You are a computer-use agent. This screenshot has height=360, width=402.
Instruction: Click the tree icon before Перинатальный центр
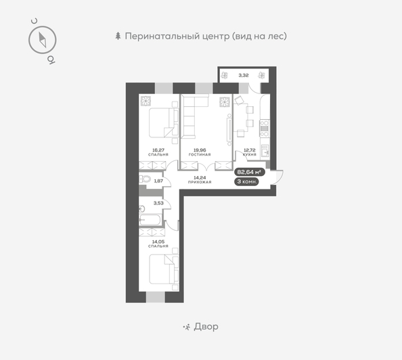point(118,36)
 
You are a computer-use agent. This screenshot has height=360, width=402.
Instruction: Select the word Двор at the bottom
point(206,327)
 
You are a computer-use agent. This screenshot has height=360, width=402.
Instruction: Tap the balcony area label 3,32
point(243,75)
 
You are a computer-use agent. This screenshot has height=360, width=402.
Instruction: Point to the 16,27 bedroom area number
point(159,150)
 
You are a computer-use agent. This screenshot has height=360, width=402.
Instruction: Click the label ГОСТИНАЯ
point(200,155)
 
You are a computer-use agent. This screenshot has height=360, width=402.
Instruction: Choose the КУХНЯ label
point(249,155)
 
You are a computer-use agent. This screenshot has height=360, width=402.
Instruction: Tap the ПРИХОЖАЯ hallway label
point(200,182)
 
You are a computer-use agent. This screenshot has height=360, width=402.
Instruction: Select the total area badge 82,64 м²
point(248,172)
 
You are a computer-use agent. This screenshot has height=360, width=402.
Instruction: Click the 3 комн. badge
point(246,181)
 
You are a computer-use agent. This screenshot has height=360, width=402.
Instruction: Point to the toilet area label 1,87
point(158,180)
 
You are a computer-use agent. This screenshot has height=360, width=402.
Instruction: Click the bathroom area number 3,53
point(158,202)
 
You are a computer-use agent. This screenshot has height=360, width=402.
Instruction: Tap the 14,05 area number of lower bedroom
point(158,241)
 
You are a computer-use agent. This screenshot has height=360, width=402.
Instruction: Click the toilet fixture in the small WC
point(144,180)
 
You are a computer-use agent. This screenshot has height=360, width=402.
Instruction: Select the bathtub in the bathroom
point(151,219)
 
